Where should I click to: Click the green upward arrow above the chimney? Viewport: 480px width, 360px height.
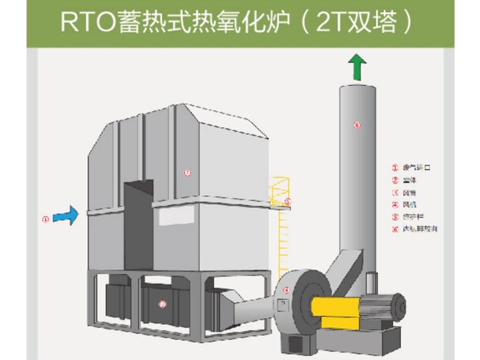(x=357, y=67)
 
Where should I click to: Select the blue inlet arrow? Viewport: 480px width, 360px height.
(x=66, y=216)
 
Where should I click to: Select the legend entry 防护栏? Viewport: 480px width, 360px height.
(x=413, y=217)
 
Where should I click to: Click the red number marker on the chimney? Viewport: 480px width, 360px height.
(x=357, y=124)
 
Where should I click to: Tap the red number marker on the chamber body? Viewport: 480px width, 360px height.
(x=187, y=173)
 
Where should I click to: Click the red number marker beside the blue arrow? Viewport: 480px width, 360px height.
(x=45, y=219)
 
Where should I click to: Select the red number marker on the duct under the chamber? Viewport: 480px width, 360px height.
(x=163, y=304)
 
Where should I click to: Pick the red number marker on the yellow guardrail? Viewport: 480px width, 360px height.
(x=288, y=202)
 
